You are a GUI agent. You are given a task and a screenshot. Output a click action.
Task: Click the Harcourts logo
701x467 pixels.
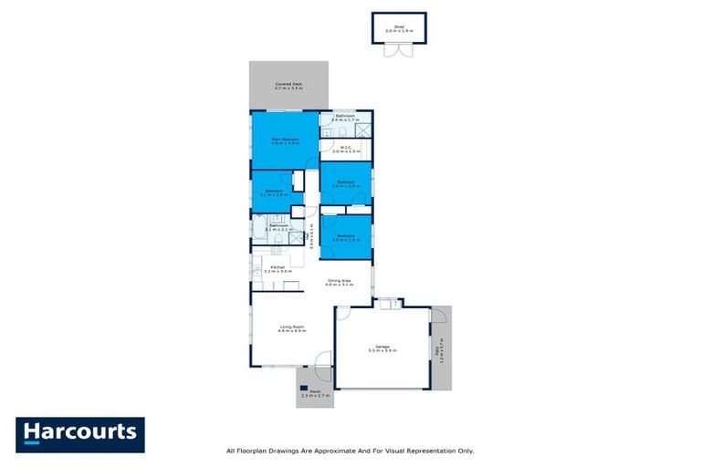80,434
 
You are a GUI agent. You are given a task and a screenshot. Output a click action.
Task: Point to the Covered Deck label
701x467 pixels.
288,86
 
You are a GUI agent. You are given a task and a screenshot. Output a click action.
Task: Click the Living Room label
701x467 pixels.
291,328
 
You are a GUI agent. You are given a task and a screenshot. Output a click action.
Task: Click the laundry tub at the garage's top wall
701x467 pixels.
388,304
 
